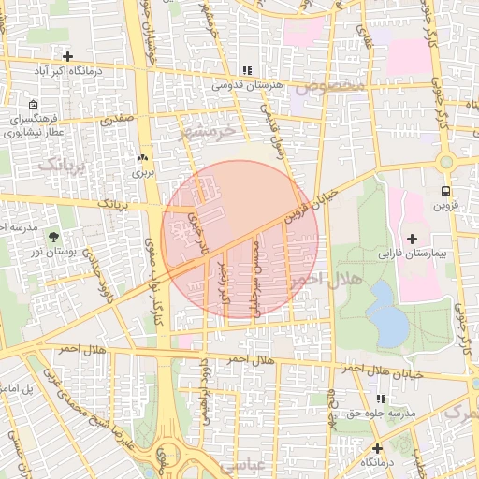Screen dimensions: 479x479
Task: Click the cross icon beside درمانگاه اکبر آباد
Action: (x=66, y=56)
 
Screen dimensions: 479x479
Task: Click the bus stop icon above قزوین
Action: (x=445, y=161)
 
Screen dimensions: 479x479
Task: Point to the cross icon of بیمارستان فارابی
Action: (x=413, y=239)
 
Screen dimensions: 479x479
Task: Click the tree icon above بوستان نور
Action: (x=51, y=237)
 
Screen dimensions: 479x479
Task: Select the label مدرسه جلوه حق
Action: (x=388, y=413)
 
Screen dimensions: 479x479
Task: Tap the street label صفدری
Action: (x=119, y=120)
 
